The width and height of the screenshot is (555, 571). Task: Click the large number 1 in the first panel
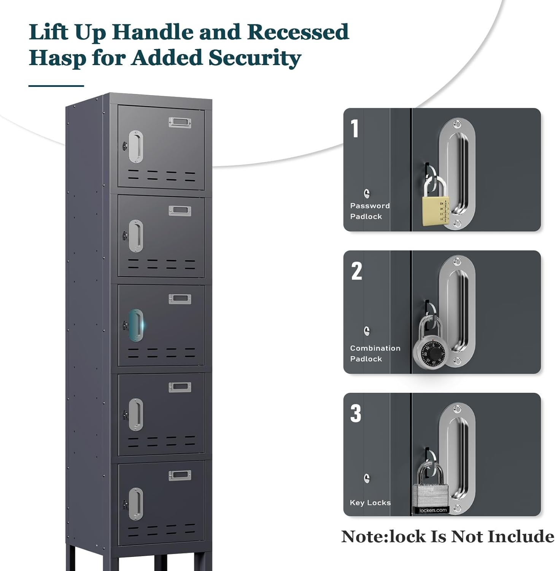coord(355,129)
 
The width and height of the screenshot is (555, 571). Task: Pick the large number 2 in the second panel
coord(356,271)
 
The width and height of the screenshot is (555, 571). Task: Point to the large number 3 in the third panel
coord(356,413)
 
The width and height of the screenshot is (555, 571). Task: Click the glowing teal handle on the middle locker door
coord(135,325)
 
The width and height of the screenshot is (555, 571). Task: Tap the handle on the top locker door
coord(136,147)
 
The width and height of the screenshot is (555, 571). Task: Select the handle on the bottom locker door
coord(136,504)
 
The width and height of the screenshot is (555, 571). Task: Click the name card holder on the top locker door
coord(180,122)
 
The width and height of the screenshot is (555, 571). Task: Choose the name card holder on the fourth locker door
coord(180,387)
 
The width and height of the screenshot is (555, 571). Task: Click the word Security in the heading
coord(254,58)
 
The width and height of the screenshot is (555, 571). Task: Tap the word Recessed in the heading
coord(298,32)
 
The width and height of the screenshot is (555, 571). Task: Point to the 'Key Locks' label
coord(370,502)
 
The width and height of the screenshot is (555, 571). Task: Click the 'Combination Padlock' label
coord(375,353)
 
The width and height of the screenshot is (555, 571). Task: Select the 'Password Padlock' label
coord(370,211)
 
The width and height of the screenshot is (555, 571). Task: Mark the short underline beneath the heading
coord(56,86)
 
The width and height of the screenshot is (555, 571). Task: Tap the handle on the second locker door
coord(136,236)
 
